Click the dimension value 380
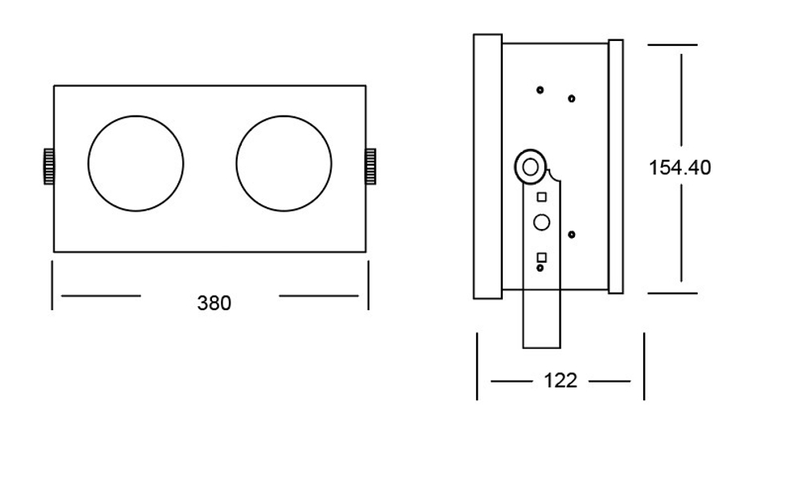tap(214, 303)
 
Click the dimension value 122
tap(560, 380)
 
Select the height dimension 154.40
tap(679, 168)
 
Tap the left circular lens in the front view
tap(137, 164)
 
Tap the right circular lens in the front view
tap(284, 164)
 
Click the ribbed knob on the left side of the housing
tap(48, 166)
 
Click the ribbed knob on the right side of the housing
tap(372, 166)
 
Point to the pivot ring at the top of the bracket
tap(529, 167)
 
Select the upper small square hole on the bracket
tap(542, 196)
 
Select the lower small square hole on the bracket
tap(542, 257)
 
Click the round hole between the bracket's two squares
tap(542, 223)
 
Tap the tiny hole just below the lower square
tap(540, 268)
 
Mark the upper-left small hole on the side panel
tap(540, 89)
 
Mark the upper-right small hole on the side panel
tap(571, 99)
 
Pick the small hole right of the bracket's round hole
tap(571, 235)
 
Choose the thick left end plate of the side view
tap(487, 166)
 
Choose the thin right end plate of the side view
tap(616, 166)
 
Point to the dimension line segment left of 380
tap(100, 296)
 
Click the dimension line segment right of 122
tap(609, 380)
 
